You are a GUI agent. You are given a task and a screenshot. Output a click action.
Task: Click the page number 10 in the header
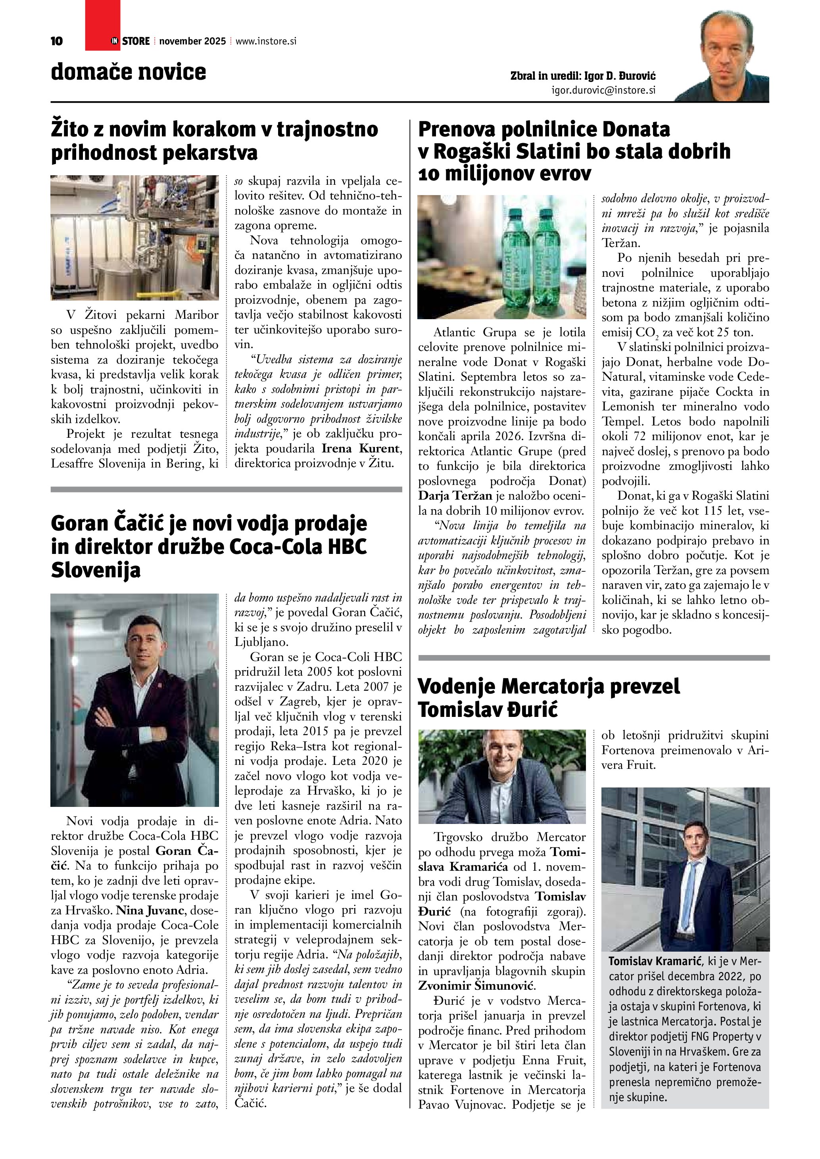(57, 41)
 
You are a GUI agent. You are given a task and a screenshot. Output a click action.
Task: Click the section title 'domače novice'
(128, 72)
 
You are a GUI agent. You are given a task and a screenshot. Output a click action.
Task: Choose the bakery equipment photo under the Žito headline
(134, 237)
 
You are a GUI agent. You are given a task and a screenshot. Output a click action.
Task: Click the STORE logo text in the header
(135, 41)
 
